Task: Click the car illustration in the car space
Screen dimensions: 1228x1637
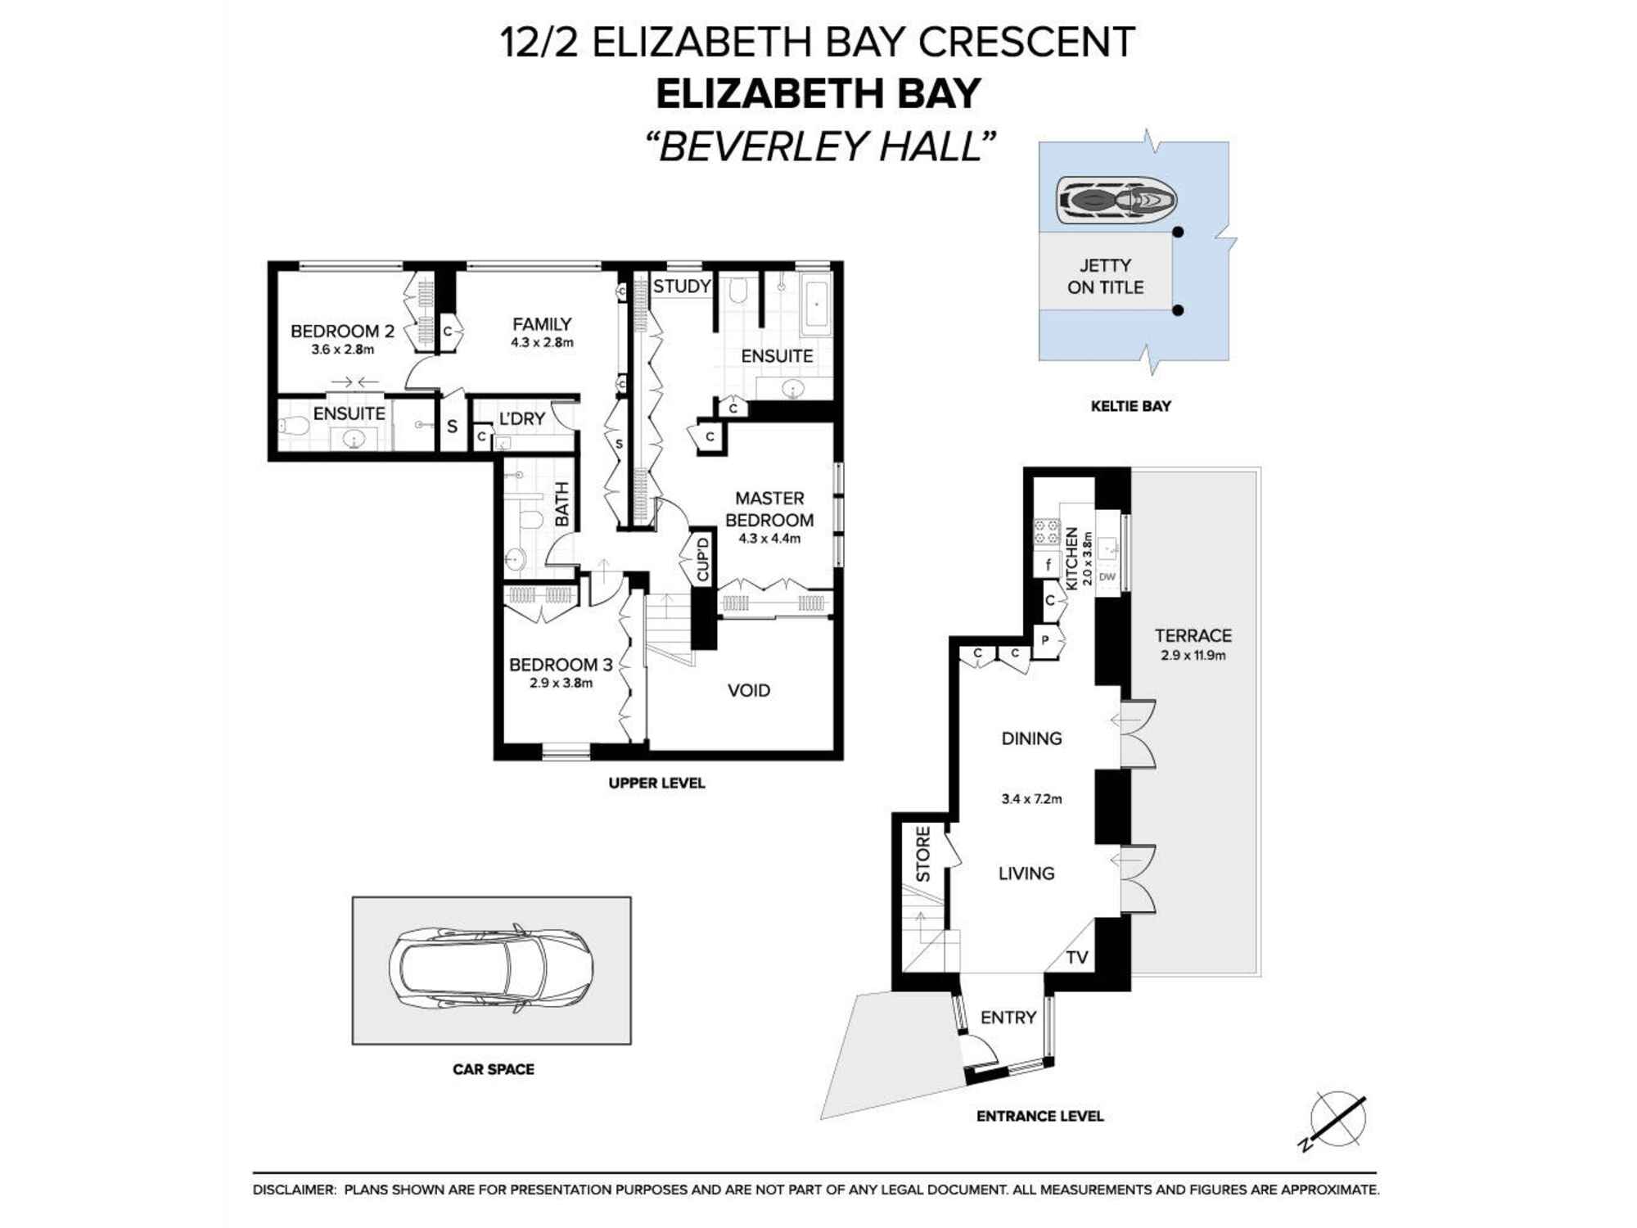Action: [491, 970]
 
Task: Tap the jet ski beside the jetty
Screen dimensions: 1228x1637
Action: [1116, 200]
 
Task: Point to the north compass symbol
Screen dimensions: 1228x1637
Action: [1337, 1119]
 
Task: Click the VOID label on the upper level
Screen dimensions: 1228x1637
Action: [748, 691]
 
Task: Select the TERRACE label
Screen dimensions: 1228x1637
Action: [1193, 636]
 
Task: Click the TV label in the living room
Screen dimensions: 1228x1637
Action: [1076, 958]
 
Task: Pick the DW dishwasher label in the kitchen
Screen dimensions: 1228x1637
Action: [1107, 577]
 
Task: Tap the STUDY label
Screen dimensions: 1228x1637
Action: [681, 287]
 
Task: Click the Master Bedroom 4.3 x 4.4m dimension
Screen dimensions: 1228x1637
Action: [769, 539]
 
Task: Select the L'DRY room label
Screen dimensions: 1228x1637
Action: [521, 419]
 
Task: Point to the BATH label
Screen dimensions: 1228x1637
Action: [562, 503]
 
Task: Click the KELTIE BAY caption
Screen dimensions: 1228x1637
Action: [1130, 406]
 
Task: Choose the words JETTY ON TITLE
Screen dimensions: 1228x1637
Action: [1105, 277]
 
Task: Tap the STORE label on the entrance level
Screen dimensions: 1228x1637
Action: [923, 854]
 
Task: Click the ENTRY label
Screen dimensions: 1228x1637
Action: [1008, 1018]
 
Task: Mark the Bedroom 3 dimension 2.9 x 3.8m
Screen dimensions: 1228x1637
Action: [561, 684]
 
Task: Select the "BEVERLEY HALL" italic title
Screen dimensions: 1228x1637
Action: [819, 147]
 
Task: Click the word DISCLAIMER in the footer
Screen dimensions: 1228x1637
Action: [294, 1190]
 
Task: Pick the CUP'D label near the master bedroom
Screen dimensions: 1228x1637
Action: [702, 559]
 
